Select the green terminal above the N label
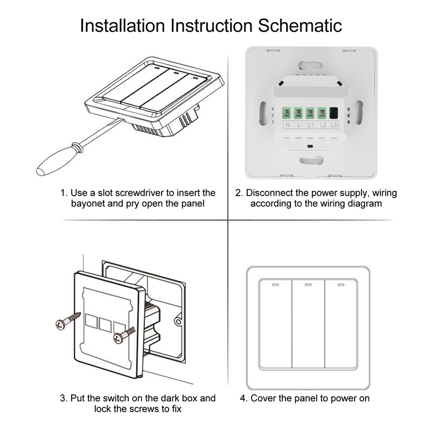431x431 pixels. pyautogui.click(x=287, y=113)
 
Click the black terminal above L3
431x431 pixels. pyautogui.click(x=334, y=113)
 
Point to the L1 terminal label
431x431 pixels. pyautogui.click(x=310, y=126)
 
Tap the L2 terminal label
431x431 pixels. pyautogui.click(x=322, y=126)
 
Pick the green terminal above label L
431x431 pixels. pyautogui.click(x=298, y=113)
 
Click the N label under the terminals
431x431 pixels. pyautogui.click(x=287, y=126)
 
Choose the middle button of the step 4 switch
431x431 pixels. pyautogui.click(x=308, y=323)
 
